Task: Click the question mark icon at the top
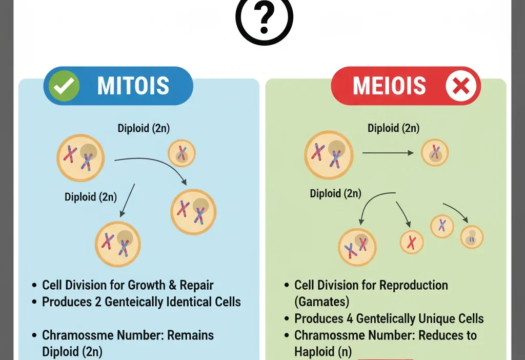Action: click(264, 18)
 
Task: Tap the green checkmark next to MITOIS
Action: click(64, 86)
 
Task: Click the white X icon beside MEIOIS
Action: click(462, 86)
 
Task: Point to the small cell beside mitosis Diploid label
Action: click(182, 153)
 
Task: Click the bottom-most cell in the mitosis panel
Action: click(118, 244)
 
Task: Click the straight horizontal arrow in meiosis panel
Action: click(388, 153)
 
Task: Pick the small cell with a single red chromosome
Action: click(411, 242)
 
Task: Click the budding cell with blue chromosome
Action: click(471, 237)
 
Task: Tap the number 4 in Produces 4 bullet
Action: click(349, 318)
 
